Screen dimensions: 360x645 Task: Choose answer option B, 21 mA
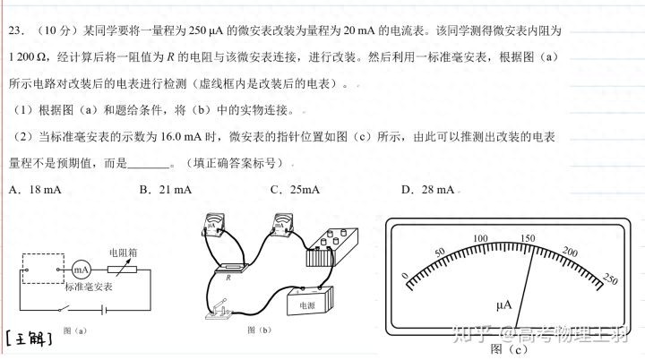[x=166, y=189]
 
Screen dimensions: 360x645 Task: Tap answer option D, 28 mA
[x=428, y=189]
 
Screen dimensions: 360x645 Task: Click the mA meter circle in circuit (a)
[x=82, y=269]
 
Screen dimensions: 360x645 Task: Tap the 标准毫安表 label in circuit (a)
[x=89, y=287]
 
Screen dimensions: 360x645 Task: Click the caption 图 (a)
[x=76, y=330]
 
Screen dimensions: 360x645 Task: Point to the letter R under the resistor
[x=228, y=278]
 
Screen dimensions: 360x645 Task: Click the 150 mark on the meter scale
[x=528, y=238]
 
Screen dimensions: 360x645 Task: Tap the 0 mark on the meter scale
[x=405, y=275]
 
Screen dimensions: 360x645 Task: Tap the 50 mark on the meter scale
[x=438, y=252]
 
